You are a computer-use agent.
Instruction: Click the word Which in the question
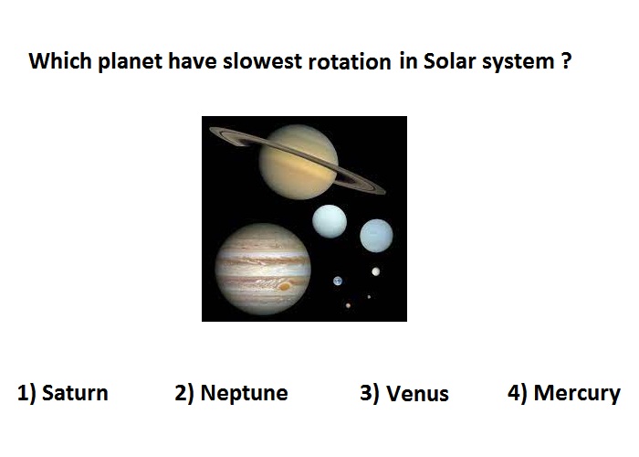[60, 61]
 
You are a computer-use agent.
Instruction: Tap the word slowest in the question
[262, 61]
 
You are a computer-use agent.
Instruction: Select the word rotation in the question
[350, 62]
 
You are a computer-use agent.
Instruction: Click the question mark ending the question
[566, 61]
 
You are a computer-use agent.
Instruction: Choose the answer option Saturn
[75, 393]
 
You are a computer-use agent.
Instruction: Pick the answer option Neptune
[244, 393]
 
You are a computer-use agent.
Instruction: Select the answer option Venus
[417, 394]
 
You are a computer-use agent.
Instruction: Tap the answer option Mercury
[577, 394]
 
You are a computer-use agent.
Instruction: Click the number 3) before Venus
[370, 393]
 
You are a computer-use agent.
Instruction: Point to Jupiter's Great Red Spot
[285, 286]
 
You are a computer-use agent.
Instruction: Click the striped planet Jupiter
[263, 270]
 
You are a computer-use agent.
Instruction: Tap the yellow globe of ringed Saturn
[299, 162]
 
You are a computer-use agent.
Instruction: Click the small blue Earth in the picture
[338, 282]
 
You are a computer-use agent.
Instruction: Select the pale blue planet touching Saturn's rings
[330, 221]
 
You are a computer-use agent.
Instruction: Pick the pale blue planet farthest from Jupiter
[376, 236]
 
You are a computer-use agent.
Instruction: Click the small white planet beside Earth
[376, 271]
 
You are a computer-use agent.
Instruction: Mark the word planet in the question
[130, 61]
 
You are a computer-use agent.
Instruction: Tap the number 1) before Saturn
[26, 393]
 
